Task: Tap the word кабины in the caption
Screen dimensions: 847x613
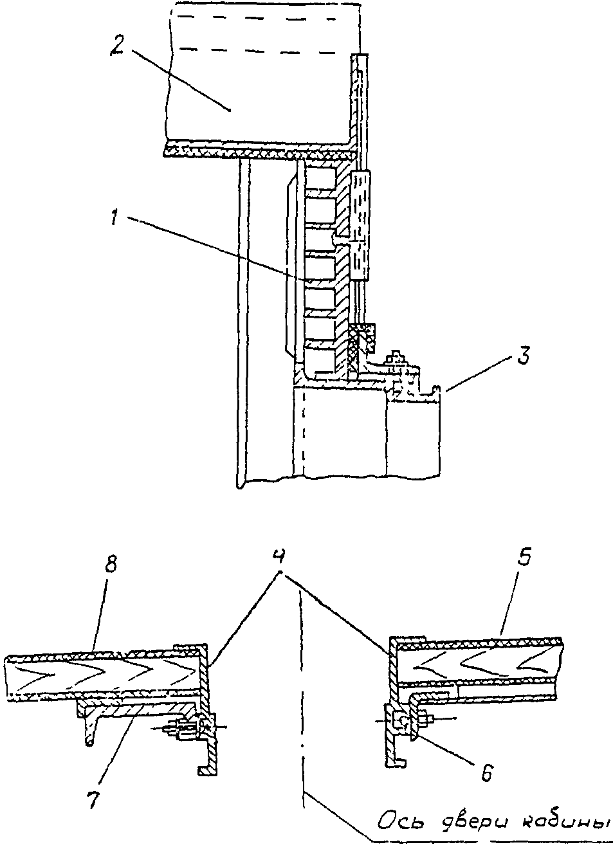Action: pos(563,821)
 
